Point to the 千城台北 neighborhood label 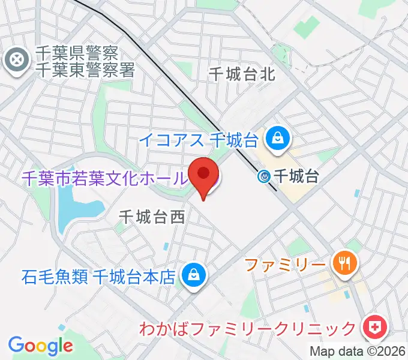pyautogui.click(x=242, y=74)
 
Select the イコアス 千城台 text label pyautogui.click(x=199, y=140)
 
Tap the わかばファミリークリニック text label pyautogui.click(x=248, y=329)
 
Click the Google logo pyautogui.click(x=41, y=346)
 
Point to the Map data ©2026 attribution pyautogui.click(x=358, y=352)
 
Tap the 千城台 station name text pyautogui.click(x=295, y=176)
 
